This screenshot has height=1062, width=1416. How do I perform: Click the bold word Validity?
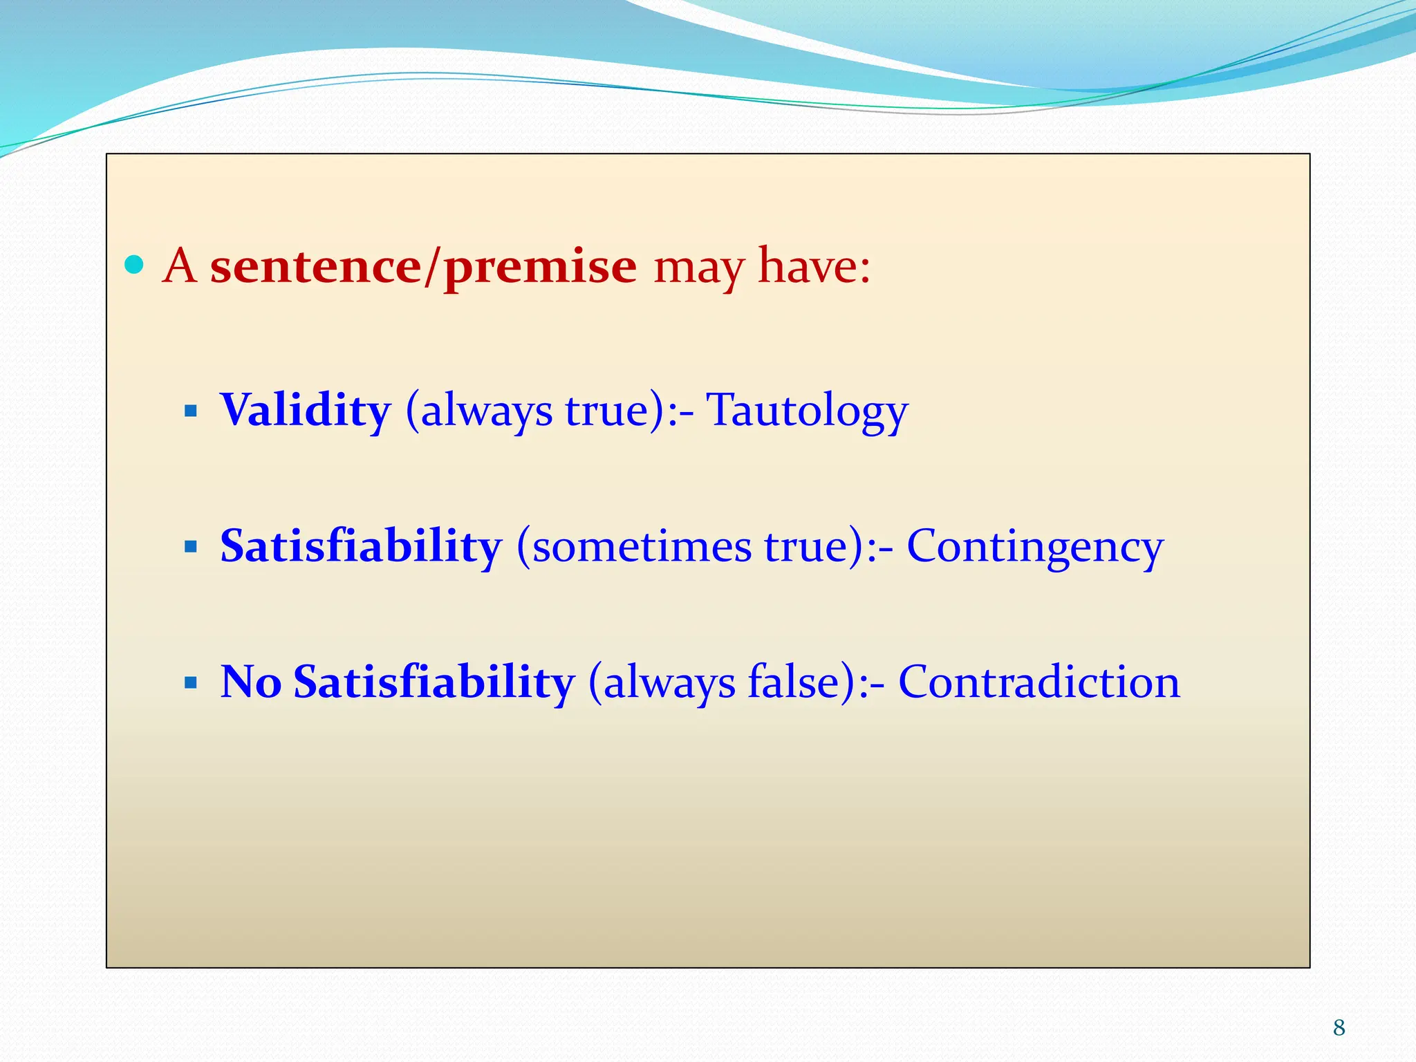pyautogui.click(x=306, y=410)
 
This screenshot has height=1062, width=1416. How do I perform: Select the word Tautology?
pyautogui.click(x=806, y=410)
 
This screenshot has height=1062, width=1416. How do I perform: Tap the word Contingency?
pyautogui.click(x=1034, y=546)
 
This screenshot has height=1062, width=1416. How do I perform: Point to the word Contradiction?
pyautogui.click(x=1038, y=682)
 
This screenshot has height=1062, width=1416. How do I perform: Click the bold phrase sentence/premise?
pyautogui.click(x=423, y=266)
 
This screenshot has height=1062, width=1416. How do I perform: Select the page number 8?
pyautogui.click(x=1339, y=1027)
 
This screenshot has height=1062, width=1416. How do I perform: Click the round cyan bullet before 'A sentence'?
pyautogui.click(x=134, y=265)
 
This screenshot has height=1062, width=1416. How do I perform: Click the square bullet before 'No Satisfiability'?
pyautogui.click(x=192, y=683)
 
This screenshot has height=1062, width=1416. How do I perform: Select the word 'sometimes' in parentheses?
pyautogui.click(x=641, y=546)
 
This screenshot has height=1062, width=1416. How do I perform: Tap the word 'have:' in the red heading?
pyautogui.click(x=814, y=266)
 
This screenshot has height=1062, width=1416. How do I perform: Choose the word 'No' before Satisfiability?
pyautogui.click(x=250, y=682)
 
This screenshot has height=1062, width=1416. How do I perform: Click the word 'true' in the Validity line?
pyautogui.click(x=606, y=410)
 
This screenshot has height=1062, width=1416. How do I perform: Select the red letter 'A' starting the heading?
pyautogui.click(x=179, y=266)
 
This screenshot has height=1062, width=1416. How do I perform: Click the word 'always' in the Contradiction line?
pyautogui.click(x=669, y=683)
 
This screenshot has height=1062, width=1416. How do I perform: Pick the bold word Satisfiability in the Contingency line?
pyautogui.click(x=361, y=546)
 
